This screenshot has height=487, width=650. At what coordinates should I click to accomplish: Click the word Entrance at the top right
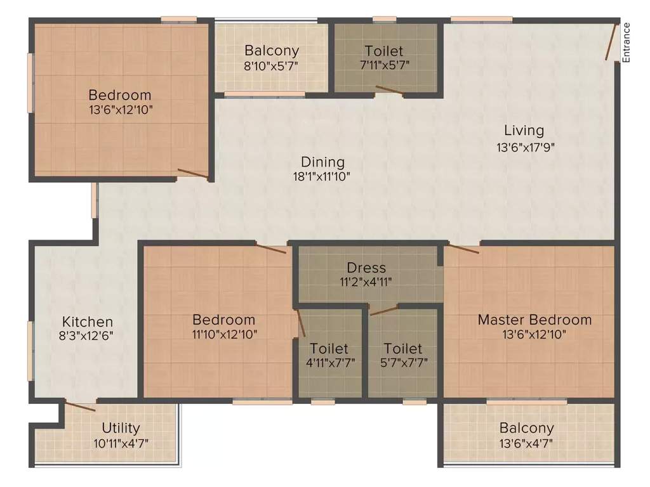pyautogui.click(x=626, y=42)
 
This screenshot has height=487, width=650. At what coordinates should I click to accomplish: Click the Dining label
pyautogui.click(x=322, y=162)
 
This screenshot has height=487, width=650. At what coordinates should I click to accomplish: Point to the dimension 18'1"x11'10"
pyautogui.click(x=322, y=176)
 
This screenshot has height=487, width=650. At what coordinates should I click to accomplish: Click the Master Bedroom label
pyautogui.click(x=534, y=320)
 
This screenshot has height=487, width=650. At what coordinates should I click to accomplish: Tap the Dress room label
pyautogui.click(x=366, y=268)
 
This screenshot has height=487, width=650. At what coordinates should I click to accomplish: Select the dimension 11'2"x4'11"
pyautogui.click(x=366, y=282)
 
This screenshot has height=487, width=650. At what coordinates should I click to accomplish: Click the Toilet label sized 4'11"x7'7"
pyautogui.click(x=329, y=348)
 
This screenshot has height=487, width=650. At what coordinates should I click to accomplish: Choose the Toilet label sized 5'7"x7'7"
pyautogui.click(x=403, y=348)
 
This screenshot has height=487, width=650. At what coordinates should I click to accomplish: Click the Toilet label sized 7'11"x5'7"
pyautogui.click(x=383, y=51)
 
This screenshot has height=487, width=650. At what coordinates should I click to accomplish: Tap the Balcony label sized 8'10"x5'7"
pyautogui.click(x=272, y=51)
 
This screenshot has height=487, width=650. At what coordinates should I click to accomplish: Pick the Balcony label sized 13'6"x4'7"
pyautogui.click(x=526, y=428)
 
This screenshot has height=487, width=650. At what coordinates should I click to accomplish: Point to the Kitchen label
pyautogui.click(x=88, y=321)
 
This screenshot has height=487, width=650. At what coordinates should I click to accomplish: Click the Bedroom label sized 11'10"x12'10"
pyautogui.click(x=224, y=320)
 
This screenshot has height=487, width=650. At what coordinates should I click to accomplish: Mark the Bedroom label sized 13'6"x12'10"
pyautogui.click(x=120, y=95)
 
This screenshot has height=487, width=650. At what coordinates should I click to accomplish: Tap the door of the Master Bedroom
pyautogui.click(x=464, y=248)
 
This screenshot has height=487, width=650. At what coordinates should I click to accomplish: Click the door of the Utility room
pyautogui.click(x=81, y=407)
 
